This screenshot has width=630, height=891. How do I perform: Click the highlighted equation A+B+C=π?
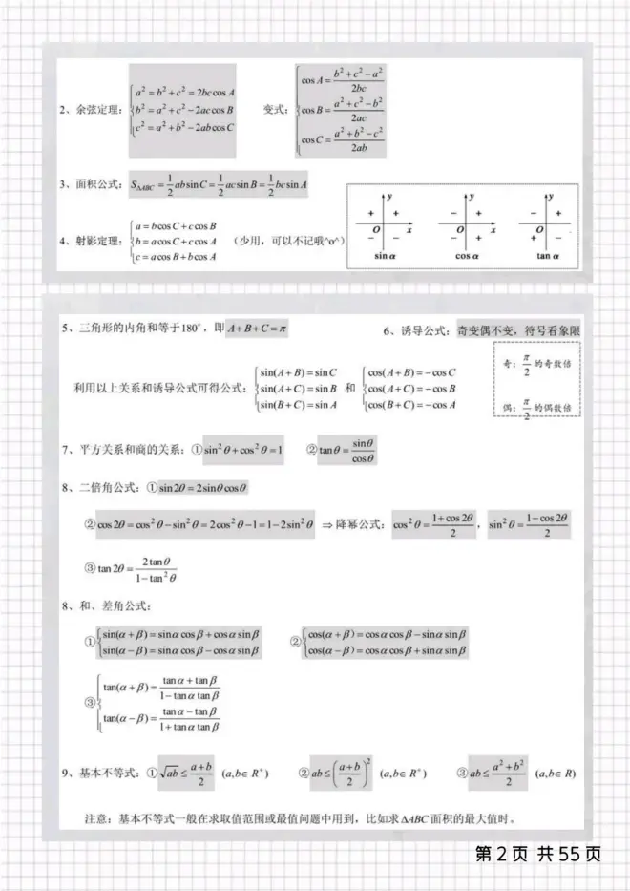pyautogui.click(x=257, y=329)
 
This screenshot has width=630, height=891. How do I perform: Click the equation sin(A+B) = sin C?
pyautogui.click(x=298, y=372)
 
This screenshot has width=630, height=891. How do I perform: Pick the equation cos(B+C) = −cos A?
pyautogui.click(x=411, y=405)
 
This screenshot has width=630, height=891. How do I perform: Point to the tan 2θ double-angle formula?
pyautogui.click(x=139, y=569)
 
